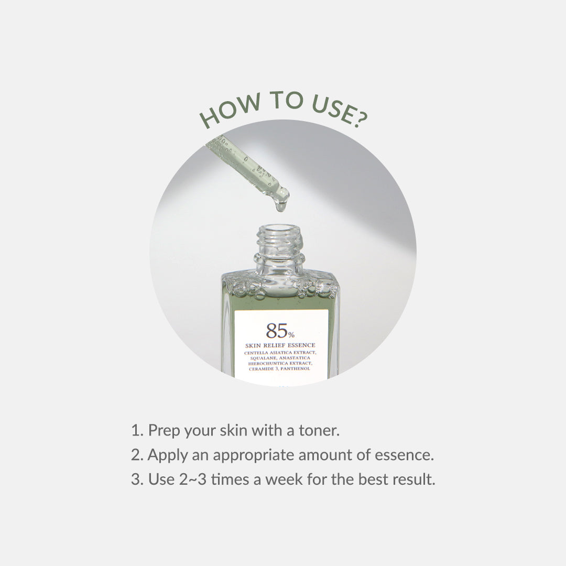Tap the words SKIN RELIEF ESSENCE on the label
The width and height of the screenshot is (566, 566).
point(280,345)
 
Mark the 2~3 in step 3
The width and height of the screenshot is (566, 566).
point(190,480)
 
